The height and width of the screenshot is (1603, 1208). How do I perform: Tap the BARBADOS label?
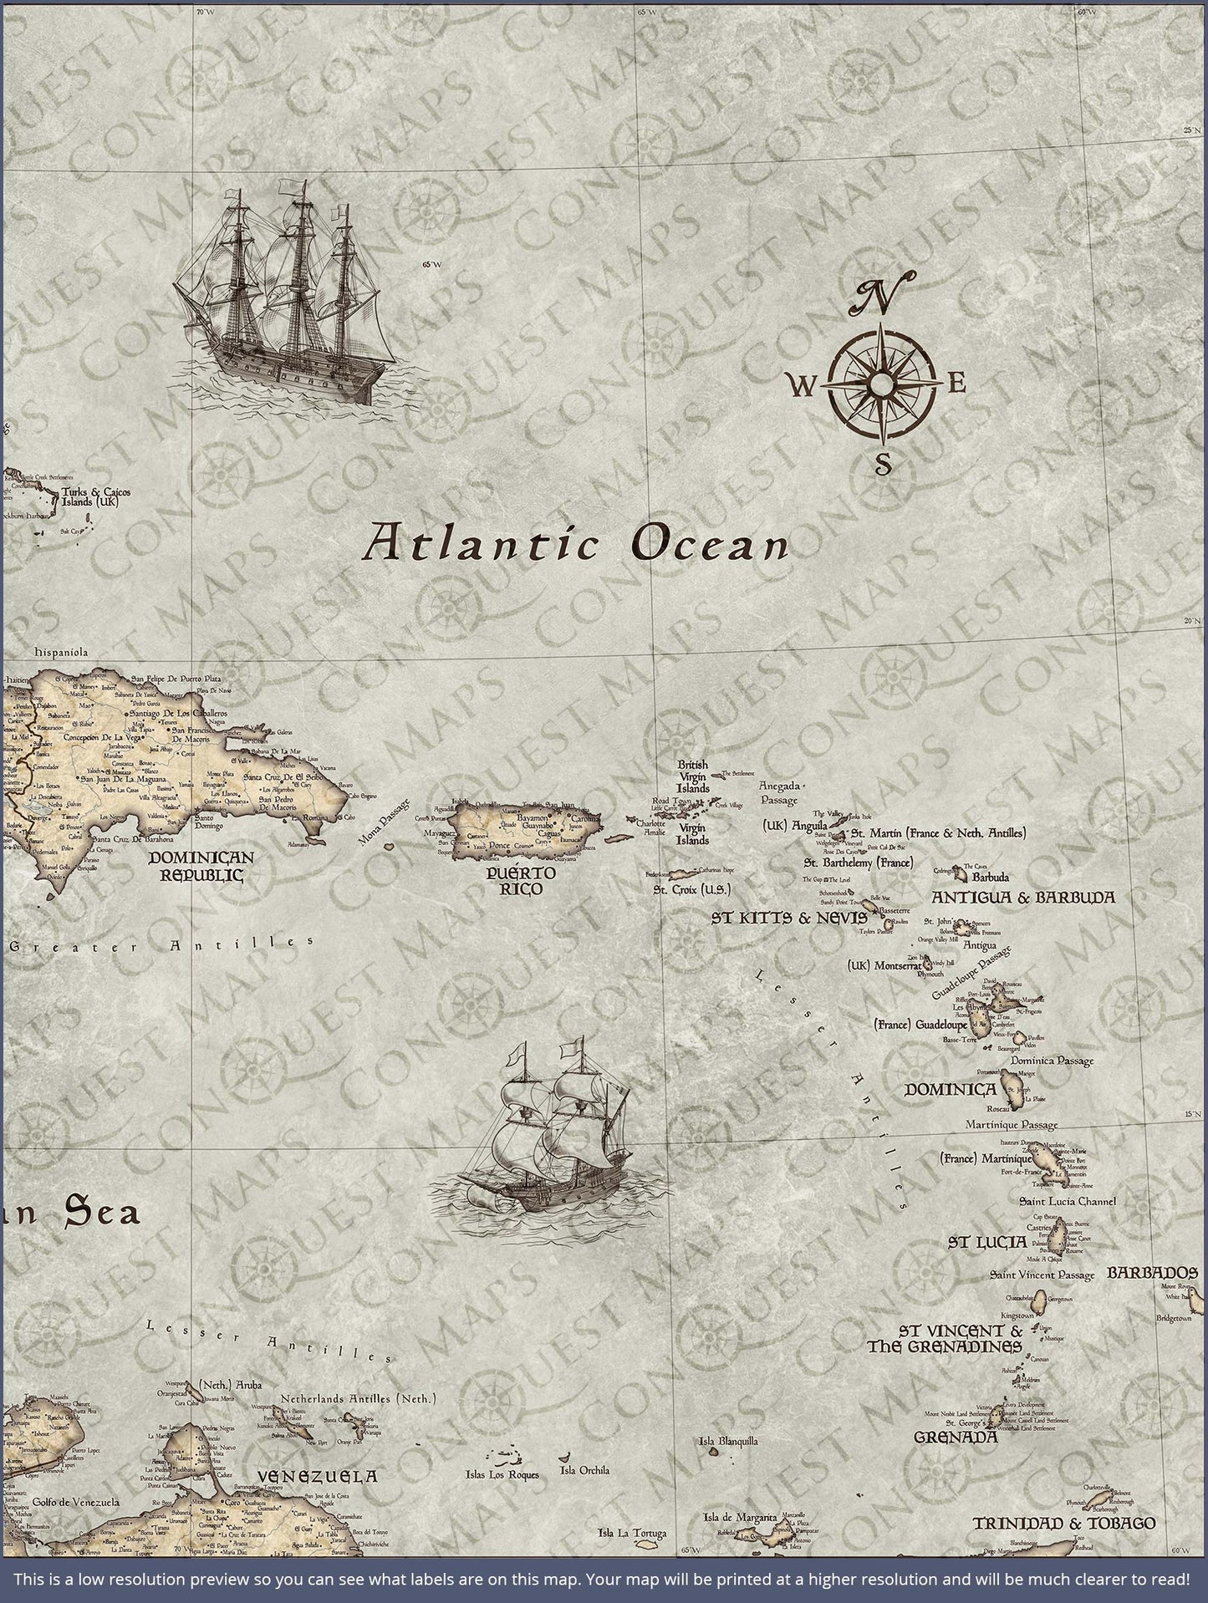click(x=1157, y=1273)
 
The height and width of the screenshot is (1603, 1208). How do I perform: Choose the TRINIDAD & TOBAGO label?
click(x=1063, y=1524)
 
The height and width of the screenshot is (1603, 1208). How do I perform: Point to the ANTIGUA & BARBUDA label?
click(x=1023, y=898)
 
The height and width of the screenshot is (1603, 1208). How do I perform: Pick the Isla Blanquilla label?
click(x=729, y=1441)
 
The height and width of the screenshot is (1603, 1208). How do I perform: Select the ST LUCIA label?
click(x=986, y=1242)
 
